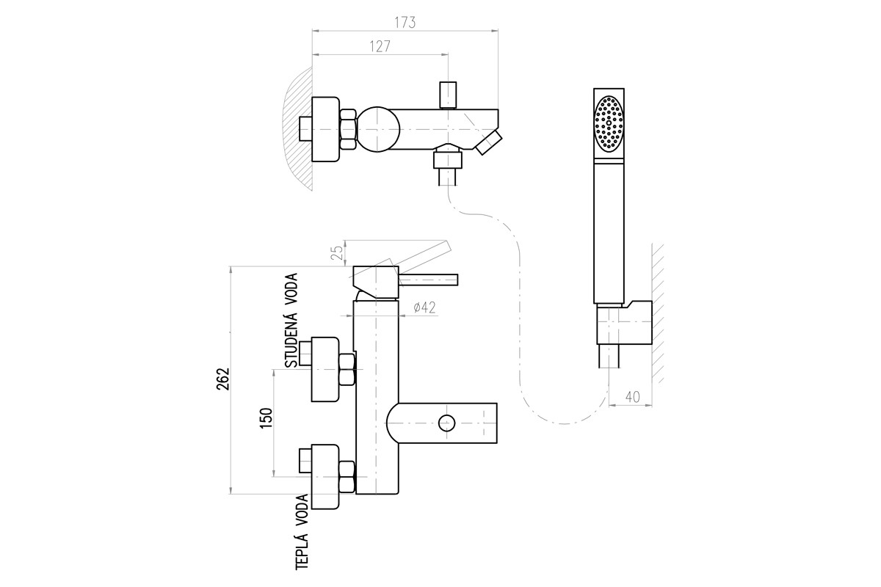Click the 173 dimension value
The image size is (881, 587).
[405, 23]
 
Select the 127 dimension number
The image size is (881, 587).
[380, 46]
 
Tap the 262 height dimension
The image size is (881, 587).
[222, 379]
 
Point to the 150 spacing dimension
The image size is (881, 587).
[266, 418]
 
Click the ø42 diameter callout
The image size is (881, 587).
[425, 307]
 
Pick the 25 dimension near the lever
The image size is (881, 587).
[337, 253]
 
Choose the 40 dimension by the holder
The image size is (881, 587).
[632, 397]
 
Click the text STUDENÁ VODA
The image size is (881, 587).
[291, 321]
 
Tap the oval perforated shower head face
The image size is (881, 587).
[609, 123]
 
